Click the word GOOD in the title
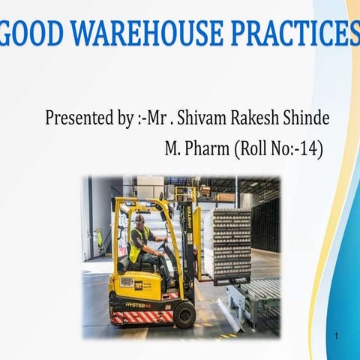click(34, 34)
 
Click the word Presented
click(80, 118)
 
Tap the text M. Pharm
click(196, 148)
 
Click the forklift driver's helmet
click(139, 218)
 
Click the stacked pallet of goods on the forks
click(230, 244)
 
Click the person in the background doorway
click(99, 239)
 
